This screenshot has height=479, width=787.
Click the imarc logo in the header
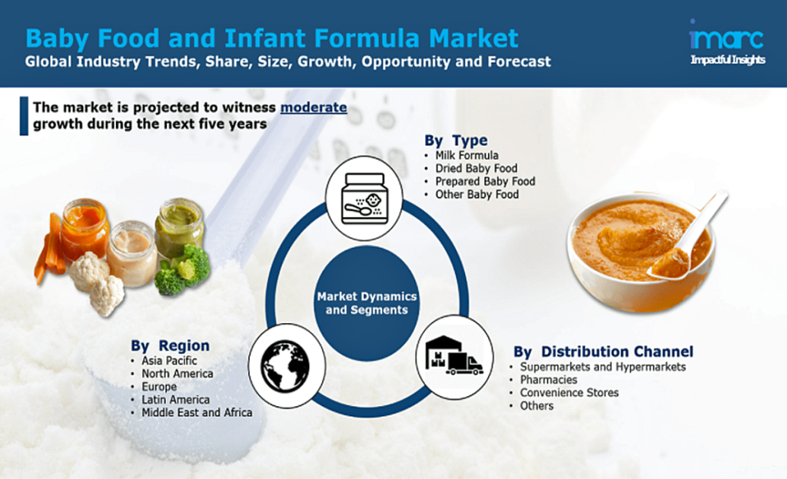[x=727, y=42]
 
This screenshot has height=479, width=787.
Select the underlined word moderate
[x=314, y=107]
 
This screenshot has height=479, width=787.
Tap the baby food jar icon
[x=364, y=198]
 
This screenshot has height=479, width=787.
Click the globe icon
[x=286, y=365]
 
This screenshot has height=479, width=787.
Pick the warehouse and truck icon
[x=453, y=355]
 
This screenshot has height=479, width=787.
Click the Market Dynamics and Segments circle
[x=367, y=303]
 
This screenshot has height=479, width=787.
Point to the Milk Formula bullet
[x=467, y=155]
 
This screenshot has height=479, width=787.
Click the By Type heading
[x=456, y=140]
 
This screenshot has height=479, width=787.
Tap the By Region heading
[x=170, y=345]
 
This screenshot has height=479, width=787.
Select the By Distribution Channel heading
[x=603, y=352]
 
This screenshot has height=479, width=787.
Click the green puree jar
[x=179, y=226]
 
